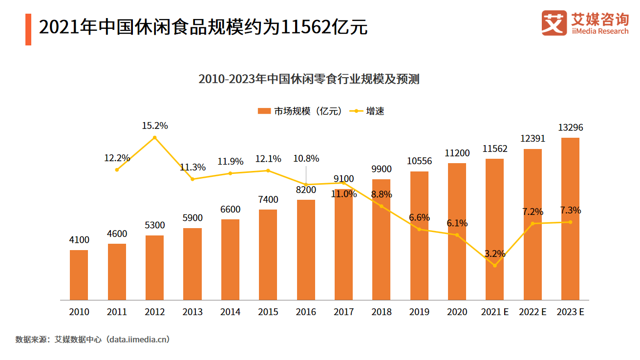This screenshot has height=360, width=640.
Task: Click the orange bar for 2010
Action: [x=79, y=275]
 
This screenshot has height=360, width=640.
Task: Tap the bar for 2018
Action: [x=381, y=239]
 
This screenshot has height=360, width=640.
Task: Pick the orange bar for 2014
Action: [x=230, y=259]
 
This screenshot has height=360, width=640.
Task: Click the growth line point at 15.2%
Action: [x=155, y=138]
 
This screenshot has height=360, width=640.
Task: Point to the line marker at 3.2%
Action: [x=494, y=266]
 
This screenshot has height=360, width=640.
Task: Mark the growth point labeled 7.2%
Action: [x=533, y=224]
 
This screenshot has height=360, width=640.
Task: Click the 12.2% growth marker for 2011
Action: [x=117, y=169]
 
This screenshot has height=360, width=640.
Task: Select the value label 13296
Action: [x=570, y=128]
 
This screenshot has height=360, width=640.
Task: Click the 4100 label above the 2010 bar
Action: [x=79, y=240]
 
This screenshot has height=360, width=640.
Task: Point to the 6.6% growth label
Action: [x=419, y=217]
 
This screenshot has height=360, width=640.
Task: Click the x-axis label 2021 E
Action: [x=494, y=312]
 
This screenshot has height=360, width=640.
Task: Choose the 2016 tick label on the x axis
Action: [x=306, y=312]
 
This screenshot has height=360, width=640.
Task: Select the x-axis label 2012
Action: [x=155, y=312]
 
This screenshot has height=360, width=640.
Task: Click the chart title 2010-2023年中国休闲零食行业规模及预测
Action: [x=309, y=79]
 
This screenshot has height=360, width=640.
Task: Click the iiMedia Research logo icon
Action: [x=554, y=23]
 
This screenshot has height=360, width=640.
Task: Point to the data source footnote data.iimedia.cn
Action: [x=93, y=339]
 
